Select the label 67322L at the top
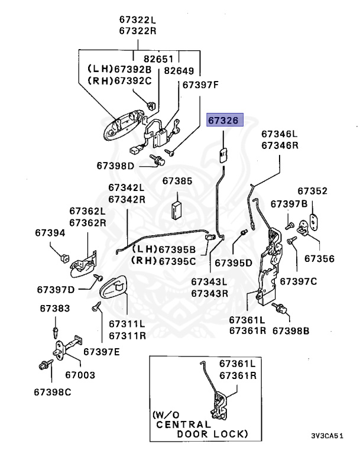click(x=137, y=19)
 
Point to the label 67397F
click(x=200, y=85)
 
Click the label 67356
click(x=319, y=258)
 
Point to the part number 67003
click(x=80, y=375)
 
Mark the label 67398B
click(x=290, y=330)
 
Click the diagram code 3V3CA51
click(x=327, y=436)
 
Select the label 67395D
click(x=233, y=262)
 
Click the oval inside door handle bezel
click(x=115, y=289)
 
